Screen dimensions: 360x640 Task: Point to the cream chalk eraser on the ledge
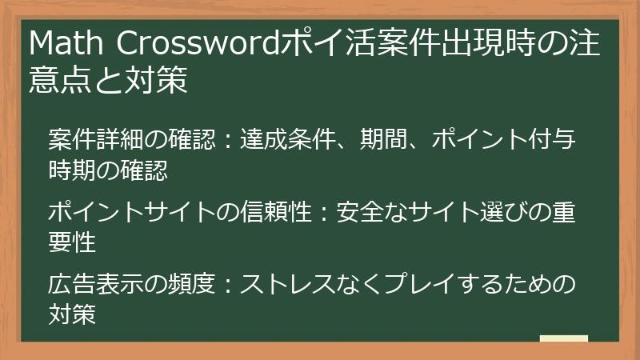(564, 338)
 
